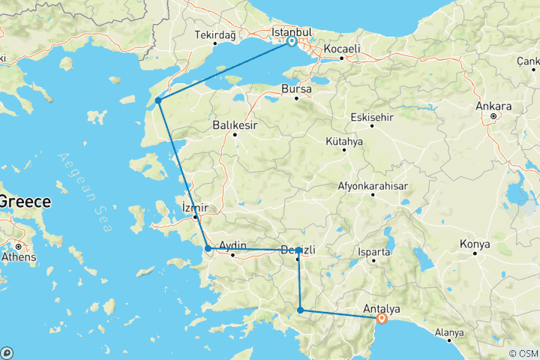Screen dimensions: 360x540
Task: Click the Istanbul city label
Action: pyautogui.click(x=291, y=32)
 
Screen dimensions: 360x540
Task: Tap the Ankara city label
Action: pyautogui.click(x=493, y=106)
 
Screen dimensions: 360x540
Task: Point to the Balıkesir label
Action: pyautogui.click(x=234, y=124)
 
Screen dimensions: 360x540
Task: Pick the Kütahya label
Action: pyautogui.click(x=344, y=140)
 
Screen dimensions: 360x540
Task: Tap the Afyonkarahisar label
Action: pyautogui.click(x=372, y=185)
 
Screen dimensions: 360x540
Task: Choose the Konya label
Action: pyautogui.click(x=475, y=244)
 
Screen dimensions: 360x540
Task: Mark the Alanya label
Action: pyautogui.click(x=449, y=332)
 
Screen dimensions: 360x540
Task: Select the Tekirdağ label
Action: pyautogui.click(x=215, y=35)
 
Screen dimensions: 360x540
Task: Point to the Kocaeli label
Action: pyautogui.click(x=342, y=49)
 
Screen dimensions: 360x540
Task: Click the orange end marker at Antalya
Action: pyautogui.click(x=382, y=318)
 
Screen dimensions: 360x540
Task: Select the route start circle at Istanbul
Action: pyautogui.click(x=291, y=42)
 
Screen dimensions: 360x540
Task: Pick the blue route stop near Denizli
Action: pyautogui.click(x=298, y=250)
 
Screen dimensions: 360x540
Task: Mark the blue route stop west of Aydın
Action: pyautogui.click(x=208, y=248)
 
